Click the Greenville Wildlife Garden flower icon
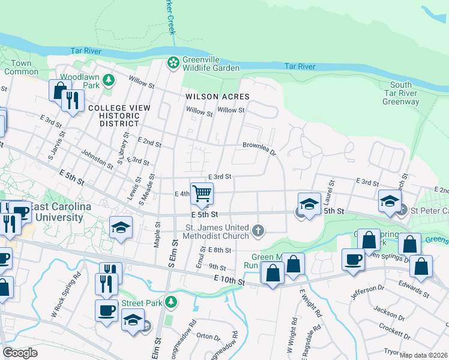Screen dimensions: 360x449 pos(173,62)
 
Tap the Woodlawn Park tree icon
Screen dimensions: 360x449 pos(109,80)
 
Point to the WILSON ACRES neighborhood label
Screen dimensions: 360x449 pos(217,96)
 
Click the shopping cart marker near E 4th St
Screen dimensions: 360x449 pos(202,193)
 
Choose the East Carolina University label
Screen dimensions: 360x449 pos(56,212)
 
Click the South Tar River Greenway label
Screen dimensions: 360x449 pos(401,93)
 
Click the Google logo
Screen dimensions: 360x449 pos(19,353)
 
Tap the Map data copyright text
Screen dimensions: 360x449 pos(424,355)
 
